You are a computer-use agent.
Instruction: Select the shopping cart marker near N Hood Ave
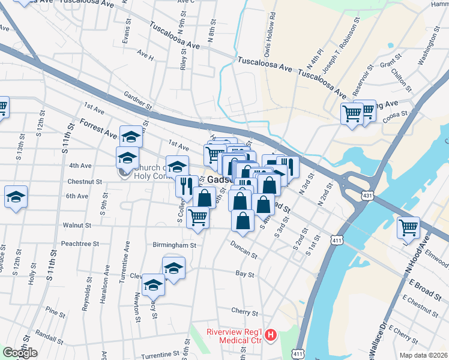click(x=409, y=227)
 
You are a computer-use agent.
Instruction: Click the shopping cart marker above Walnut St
click(x=198, y=217)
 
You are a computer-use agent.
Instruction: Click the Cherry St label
click(x=244, y=313)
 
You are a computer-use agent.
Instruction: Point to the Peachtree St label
click(x=80, y=244)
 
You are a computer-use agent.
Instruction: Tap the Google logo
click(x=20, y=353)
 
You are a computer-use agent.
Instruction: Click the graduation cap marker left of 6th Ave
click(x=16, y=197)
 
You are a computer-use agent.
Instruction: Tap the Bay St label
click(x=243, y=274)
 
